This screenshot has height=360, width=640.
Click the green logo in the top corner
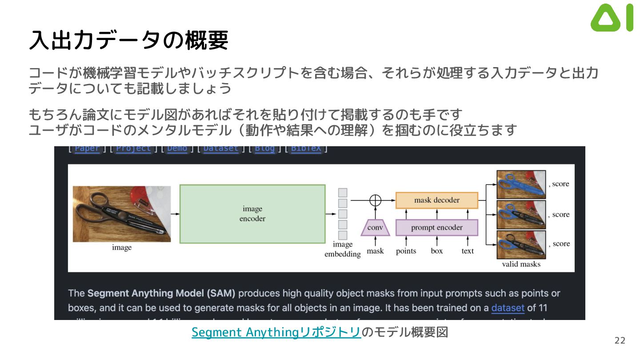tap(612, 18)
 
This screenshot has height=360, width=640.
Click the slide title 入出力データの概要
tap(128, 40)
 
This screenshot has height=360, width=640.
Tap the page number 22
tap(620, 341)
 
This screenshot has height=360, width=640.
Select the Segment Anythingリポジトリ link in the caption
tap(276, 332)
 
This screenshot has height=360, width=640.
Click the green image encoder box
tap(252, 214)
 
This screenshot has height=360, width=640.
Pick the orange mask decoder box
tap(436, 200)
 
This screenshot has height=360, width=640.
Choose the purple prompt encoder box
tap(436, 228)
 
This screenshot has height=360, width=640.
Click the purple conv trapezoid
tap(376, 228)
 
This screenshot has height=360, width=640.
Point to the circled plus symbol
tap(376, 200)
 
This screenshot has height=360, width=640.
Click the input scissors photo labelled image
tap(122, 214)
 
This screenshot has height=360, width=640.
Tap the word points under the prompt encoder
tap(406, 251)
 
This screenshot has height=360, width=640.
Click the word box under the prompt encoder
tap(437, 251)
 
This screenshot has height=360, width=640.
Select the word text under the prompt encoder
tap(468, 251)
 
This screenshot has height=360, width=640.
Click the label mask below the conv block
tap(375, 251)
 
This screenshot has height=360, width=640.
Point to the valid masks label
tap(521, 264)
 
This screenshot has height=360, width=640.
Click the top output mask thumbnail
tap(521, 184)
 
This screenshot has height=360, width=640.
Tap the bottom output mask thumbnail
tap(521, 244)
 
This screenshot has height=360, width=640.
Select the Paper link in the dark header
tap(87, 149)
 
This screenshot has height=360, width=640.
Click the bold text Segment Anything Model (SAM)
tap(161, 293)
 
